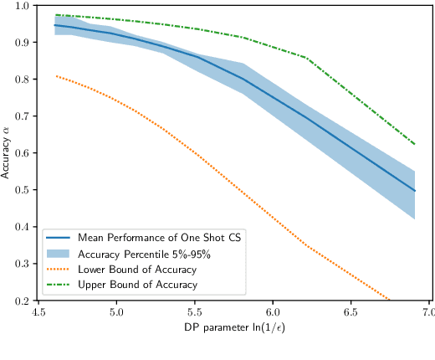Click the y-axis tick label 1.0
tap(21, 6)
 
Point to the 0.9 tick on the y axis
tap(21, 43)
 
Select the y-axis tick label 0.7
tap(21, 116)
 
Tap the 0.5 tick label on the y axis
tap(21, 190)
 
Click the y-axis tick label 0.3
tap(21, 264)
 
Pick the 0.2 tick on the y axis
tap(21, 301)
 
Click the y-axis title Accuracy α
tap(7, 152)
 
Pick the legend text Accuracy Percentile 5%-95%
tap(139, 254)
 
